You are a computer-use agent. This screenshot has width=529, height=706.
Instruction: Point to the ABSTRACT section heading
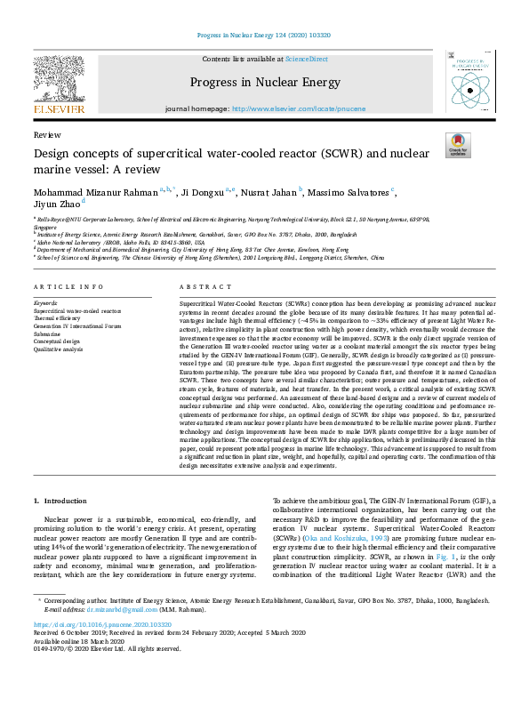pos(200,287)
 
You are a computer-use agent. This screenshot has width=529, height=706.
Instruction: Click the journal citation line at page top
pos(264,36)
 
